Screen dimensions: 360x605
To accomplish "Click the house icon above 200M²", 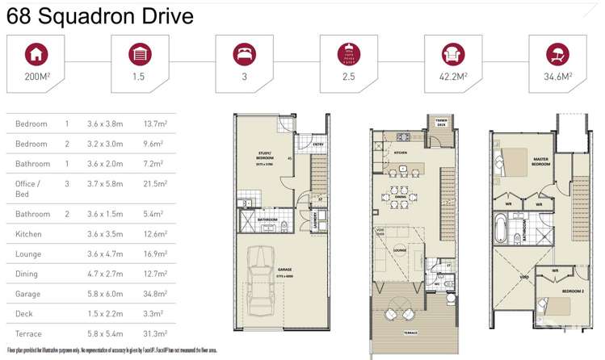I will (x=36, y=55).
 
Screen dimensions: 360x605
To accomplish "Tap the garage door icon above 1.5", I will (x=140, y=55).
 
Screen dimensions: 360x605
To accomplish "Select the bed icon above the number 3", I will (x=244, y=55).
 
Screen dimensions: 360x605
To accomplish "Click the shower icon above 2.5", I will (x=348, y=55).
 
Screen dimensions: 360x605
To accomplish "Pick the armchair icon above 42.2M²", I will (x=453, y=55).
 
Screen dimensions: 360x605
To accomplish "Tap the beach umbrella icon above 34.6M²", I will (x=557, y=55).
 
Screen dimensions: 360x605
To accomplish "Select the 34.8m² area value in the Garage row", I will (x=153, y=294).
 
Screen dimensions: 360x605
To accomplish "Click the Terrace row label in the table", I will (x=29, y=333).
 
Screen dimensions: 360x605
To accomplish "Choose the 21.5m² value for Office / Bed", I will (x=153, y=184).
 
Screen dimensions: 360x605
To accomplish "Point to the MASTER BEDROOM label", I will (x=540, y=161).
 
